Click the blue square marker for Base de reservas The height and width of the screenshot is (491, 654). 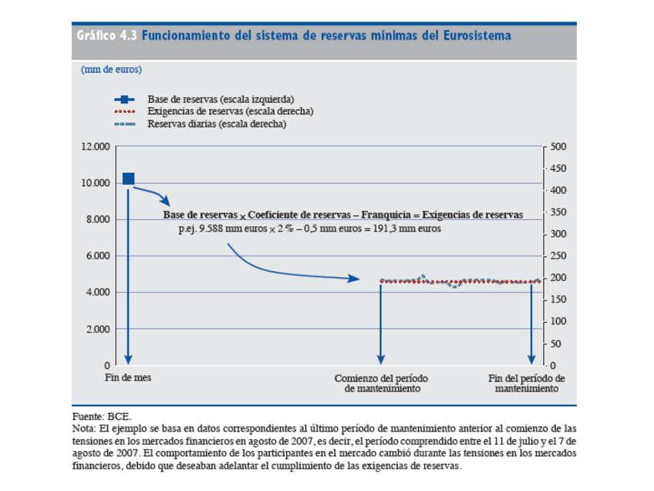pyautogui.click(x=129, y=179)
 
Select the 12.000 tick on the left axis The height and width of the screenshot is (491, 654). pyautogui.click(x=91, y=146)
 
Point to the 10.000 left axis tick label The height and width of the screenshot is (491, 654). pyautogui.click(x=91, y=183)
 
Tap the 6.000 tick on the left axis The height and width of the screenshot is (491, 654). pyautogui.click(x=93, y=256)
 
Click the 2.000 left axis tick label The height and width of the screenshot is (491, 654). pyautogui.click(x=93, y=329)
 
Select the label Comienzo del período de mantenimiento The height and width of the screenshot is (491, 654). pyautogui.click(x=381, y=384)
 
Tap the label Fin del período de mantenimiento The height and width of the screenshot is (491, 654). pyautogui.click(x=527, y=384)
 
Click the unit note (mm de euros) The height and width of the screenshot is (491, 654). pyautogui.click(x=111, y=69)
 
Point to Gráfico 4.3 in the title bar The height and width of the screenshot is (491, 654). pyautogui.click(x=106, y=36)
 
